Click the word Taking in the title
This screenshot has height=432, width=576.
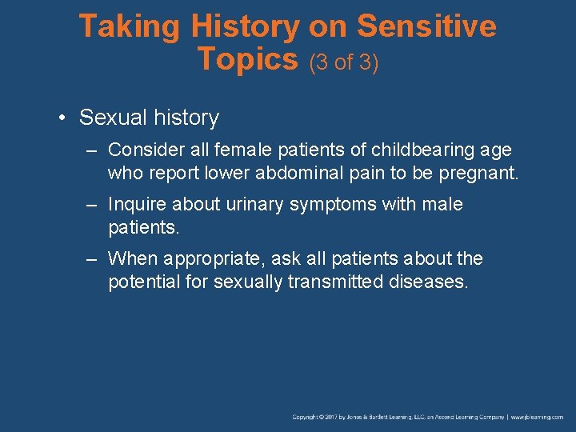point(130,26)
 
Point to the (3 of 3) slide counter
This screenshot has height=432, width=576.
point(343,62)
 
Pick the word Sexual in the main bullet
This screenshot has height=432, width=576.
point(109,118)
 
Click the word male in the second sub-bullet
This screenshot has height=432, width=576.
point(442,204)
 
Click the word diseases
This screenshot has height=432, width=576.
point(426,282)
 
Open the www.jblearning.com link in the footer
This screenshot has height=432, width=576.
point(538,417)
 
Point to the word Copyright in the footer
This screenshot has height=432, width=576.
point(306,417)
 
